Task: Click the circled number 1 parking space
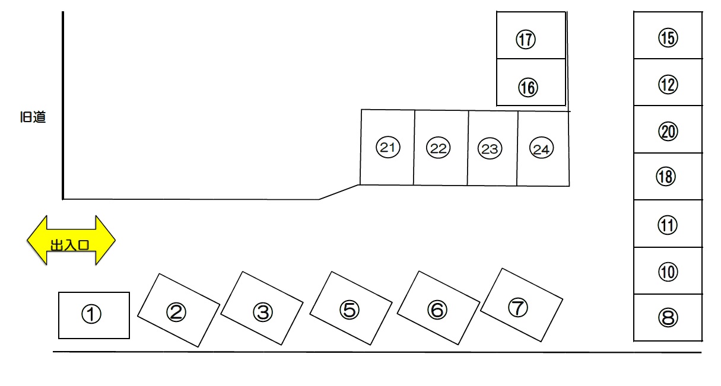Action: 94,315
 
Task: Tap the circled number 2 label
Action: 176,312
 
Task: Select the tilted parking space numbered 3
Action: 262,308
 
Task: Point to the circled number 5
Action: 350,310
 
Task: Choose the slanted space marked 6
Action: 439,308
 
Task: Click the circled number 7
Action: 518,308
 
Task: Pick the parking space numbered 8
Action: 668,317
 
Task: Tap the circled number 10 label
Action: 668,272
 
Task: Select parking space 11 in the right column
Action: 668,224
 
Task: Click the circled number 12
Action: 668,85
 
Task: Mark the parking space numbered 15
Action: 668,35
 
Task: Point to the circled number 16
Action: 528,88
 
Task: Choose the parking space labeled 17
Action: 531,35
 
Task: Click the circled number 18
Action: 666,177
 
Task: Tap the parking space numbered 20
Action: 668,129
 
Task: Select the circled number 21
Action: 388,147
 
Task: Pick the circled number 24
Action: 541,148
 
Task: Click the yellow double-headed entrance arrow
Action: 71,240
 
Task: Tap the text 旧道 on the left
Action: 33,117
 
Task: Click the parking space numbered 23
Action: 493,148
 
